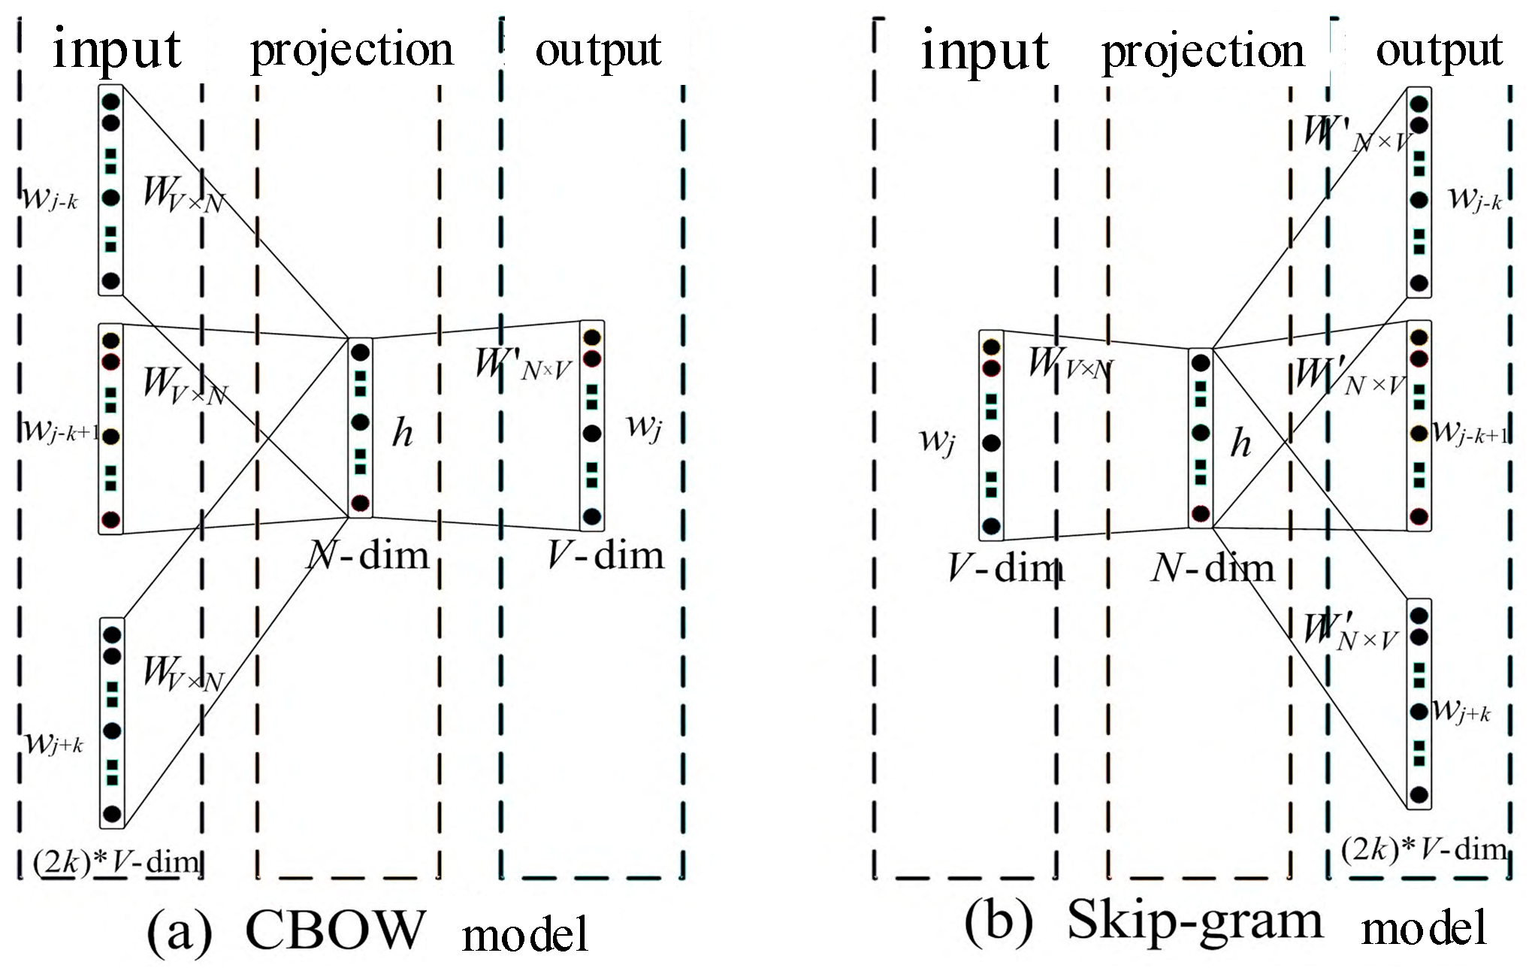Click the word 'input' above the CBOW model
pyautogui.click(x=117, y=50)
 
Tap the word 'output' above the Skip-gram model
pyautogui.click(x=1438, y=51)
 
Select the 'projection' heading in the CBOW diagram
pyautogui.click(x=352, y=51)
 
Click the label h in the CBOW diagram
pyautogui.click(x=403, y=434)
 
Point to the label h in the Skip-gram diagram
pyautogui.click(x=1240, y=443)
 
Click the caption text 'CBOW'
pyautogui.click(x=335, y=930)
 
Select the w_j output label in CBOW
pyautogui.click(x=644, y=428)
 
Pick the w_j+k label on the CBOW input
pyautogui.click(x=53, y=744)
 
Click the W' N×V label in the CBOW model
pyautogui.click(x=523, y=365)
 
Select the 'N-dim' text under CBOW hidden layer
pyautogui.click(x=368, y=556)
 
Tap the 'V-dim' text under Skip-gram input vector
pyautogui.click(x=1005, y=567)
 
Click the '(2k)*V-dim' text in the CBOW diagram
pyautogui.click(x=116, y=861)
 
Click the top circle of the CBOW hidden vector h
pyautogui.click(x=360, y=352)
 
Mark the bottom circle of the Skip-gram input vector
pyautogui.click(x=991, y=526)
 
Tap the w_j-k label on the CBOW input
pyautogui.click(x=50, y=200)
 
